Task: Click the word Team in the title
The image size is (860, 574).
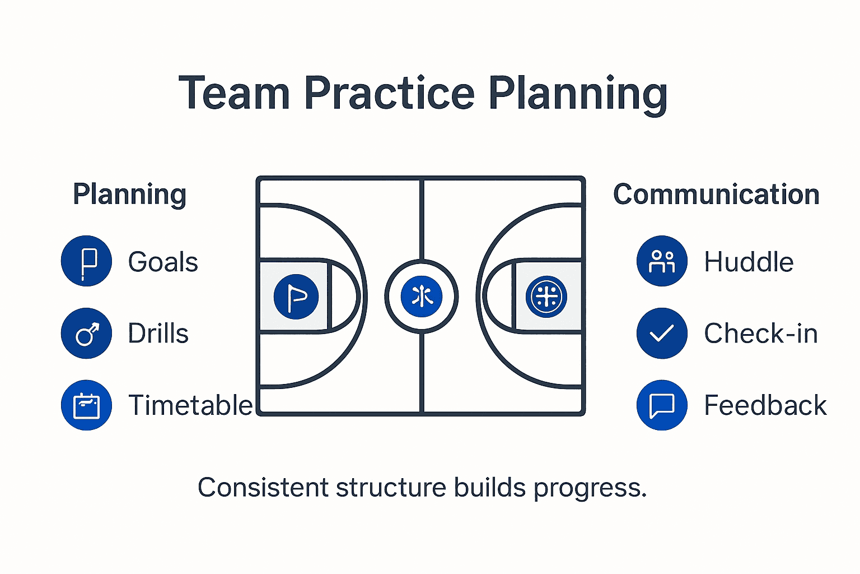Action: coord(234,93)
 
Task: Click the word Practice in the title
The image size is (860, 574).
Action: coord(389,93)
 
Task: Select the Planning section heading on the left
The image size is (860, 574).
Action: coord(129,195)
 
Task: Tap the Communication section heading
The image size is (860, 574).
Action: coord(716,195)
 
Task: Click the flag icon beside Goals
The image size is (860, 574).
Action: coord(86,261)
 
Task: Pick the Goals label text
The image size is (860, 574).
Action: coord(163,262)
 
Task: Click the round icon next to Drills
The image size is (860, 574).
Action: coord(86,333)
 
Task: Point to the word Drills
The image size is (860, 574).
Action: coord(158,333)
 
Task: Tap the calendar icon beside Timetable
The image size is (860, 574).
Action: coord(86,405)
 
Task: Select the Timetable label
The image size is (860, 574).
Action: coord(190,405)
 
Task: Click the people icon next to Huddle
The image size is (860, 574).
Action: coord(662,261)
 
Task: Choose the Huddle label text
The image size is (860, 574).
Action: coord(749,262)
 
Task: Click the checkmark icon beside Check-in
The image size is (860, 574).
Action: coord(662,333)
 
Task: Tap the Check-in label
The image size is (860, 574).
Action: coord(760,333)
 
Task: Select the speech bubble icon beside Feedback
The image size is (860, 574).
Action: coord(662,405)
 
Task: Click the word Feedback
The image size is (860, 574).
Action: coord(765,405)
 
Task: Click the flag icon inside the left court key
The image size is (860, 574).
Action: coord(296,297)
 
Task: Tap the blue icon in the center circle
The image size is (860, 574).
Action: coord(422,297)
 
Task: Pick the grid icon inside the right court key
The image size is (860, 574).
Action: coord(546,297)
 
